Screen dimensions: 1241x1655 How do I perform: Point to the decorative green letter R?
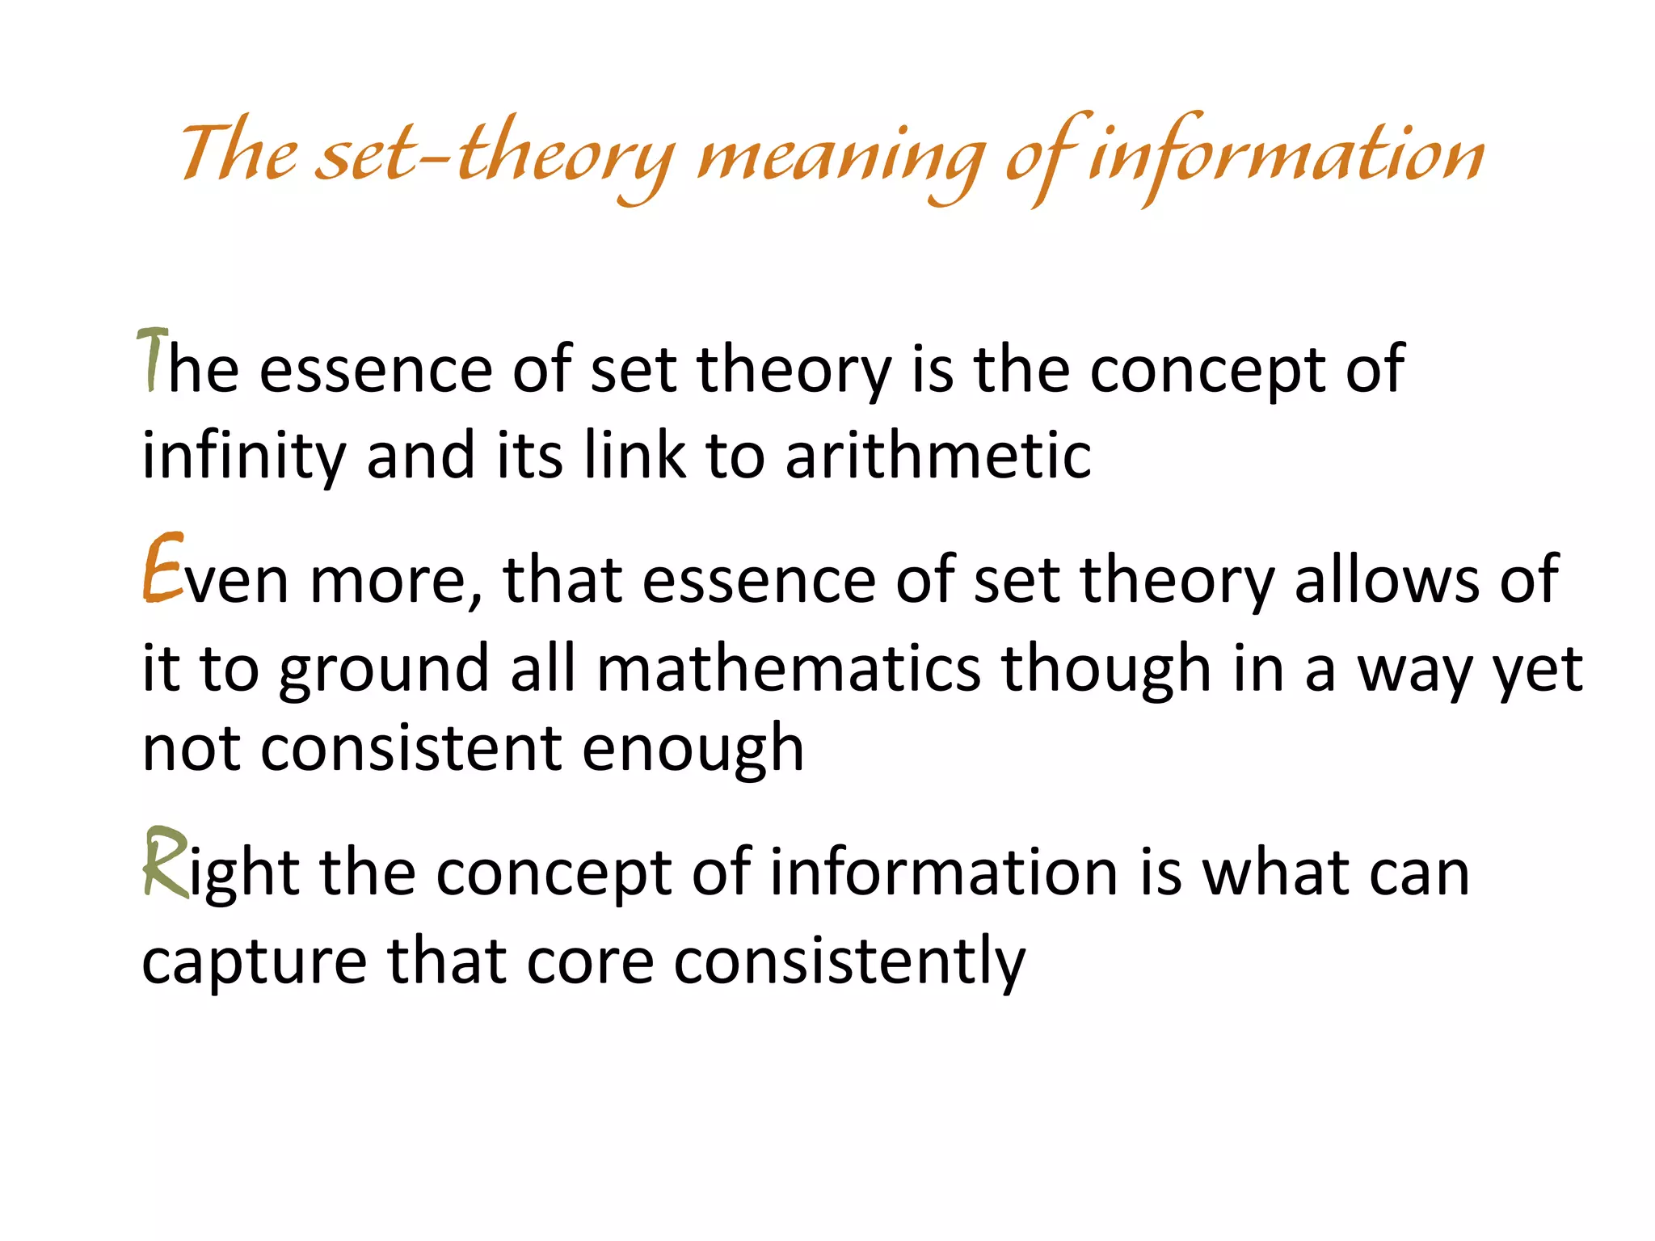165,863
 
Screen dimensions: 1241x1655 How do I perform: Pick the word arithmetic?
938,455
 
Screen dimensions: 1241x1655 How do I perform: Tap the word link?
634,455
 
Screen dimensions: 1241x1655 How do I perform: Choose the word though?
1106,671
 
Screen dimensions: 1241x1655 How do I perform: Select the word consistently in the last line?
849,961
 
